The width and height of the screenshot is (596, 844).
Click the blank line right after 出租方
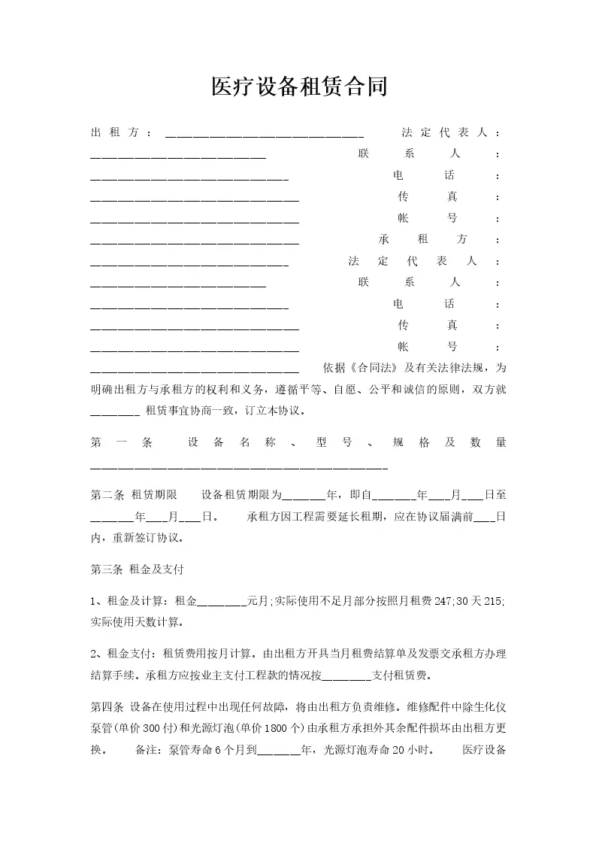264,135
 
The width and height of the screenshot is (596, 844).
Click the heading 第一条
121,443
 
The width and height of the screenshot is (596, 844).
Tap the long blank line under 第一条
239,468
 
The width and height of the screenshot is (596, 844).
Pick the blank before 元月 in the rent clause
221,603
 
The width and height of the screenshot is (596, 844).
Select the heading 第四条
107,707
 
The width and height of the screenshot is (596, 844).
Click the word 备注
147,750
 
